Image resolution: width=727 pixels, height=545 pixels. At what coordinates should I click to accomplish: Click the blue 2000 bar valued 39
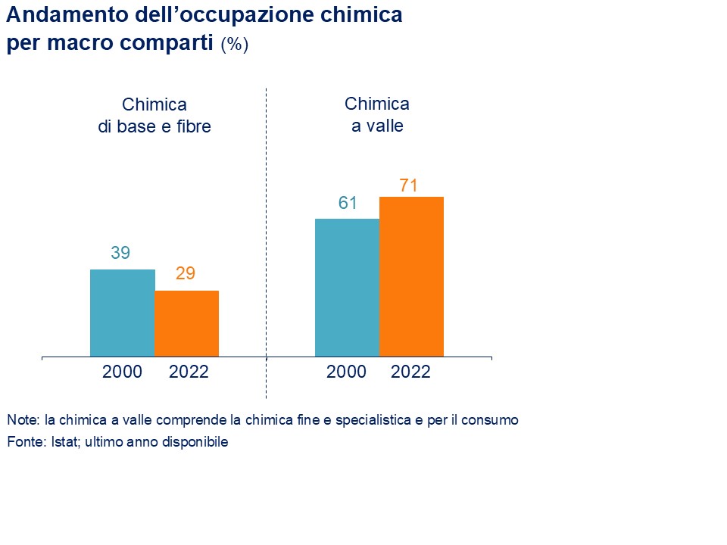122,313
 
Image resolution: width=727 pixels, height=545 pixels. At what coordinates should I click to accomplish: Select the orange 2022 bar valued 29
186,323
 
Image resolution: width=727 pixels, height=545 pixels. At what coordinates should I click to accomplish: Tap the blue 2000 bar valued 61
347,288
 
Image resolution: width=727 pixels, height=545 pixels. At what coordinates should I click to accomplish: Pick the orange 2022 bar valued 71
411,276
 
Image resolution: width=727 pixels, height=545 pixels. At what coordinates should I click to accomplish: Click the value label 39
120,254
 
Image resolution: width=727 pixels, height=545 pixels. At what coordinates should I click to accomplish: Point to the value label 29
186,274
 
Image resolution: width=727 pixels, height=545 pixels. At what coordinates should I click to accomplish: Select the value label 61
348,203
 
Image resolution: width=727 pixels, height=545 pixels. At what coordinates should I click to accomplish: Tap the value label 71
409,185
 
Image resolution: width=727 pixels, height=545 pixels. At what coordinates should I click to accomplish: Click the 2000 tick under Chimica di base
122,372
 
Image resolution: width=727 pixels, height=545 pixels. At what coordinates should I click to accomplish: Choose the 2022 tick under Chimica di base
188,372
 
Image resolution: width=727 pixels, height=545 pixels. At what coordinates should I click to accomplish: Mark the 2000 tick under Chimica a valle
346,372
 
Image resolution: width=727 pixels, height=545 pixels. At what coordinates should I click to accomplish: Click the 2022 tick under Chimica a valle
410,372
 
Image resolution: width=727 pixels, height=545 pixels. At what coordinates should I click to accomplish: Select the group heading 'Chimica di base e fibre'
154,116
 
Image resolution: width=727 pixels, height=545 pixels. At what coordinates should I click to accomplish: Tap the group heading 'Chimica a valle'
377,115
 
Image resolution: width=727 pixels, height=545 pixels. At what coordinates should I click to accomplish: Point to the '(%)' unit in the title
235,45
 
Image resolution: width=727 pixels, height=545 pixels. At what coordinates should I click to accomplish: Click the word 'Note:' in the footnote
23,419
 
